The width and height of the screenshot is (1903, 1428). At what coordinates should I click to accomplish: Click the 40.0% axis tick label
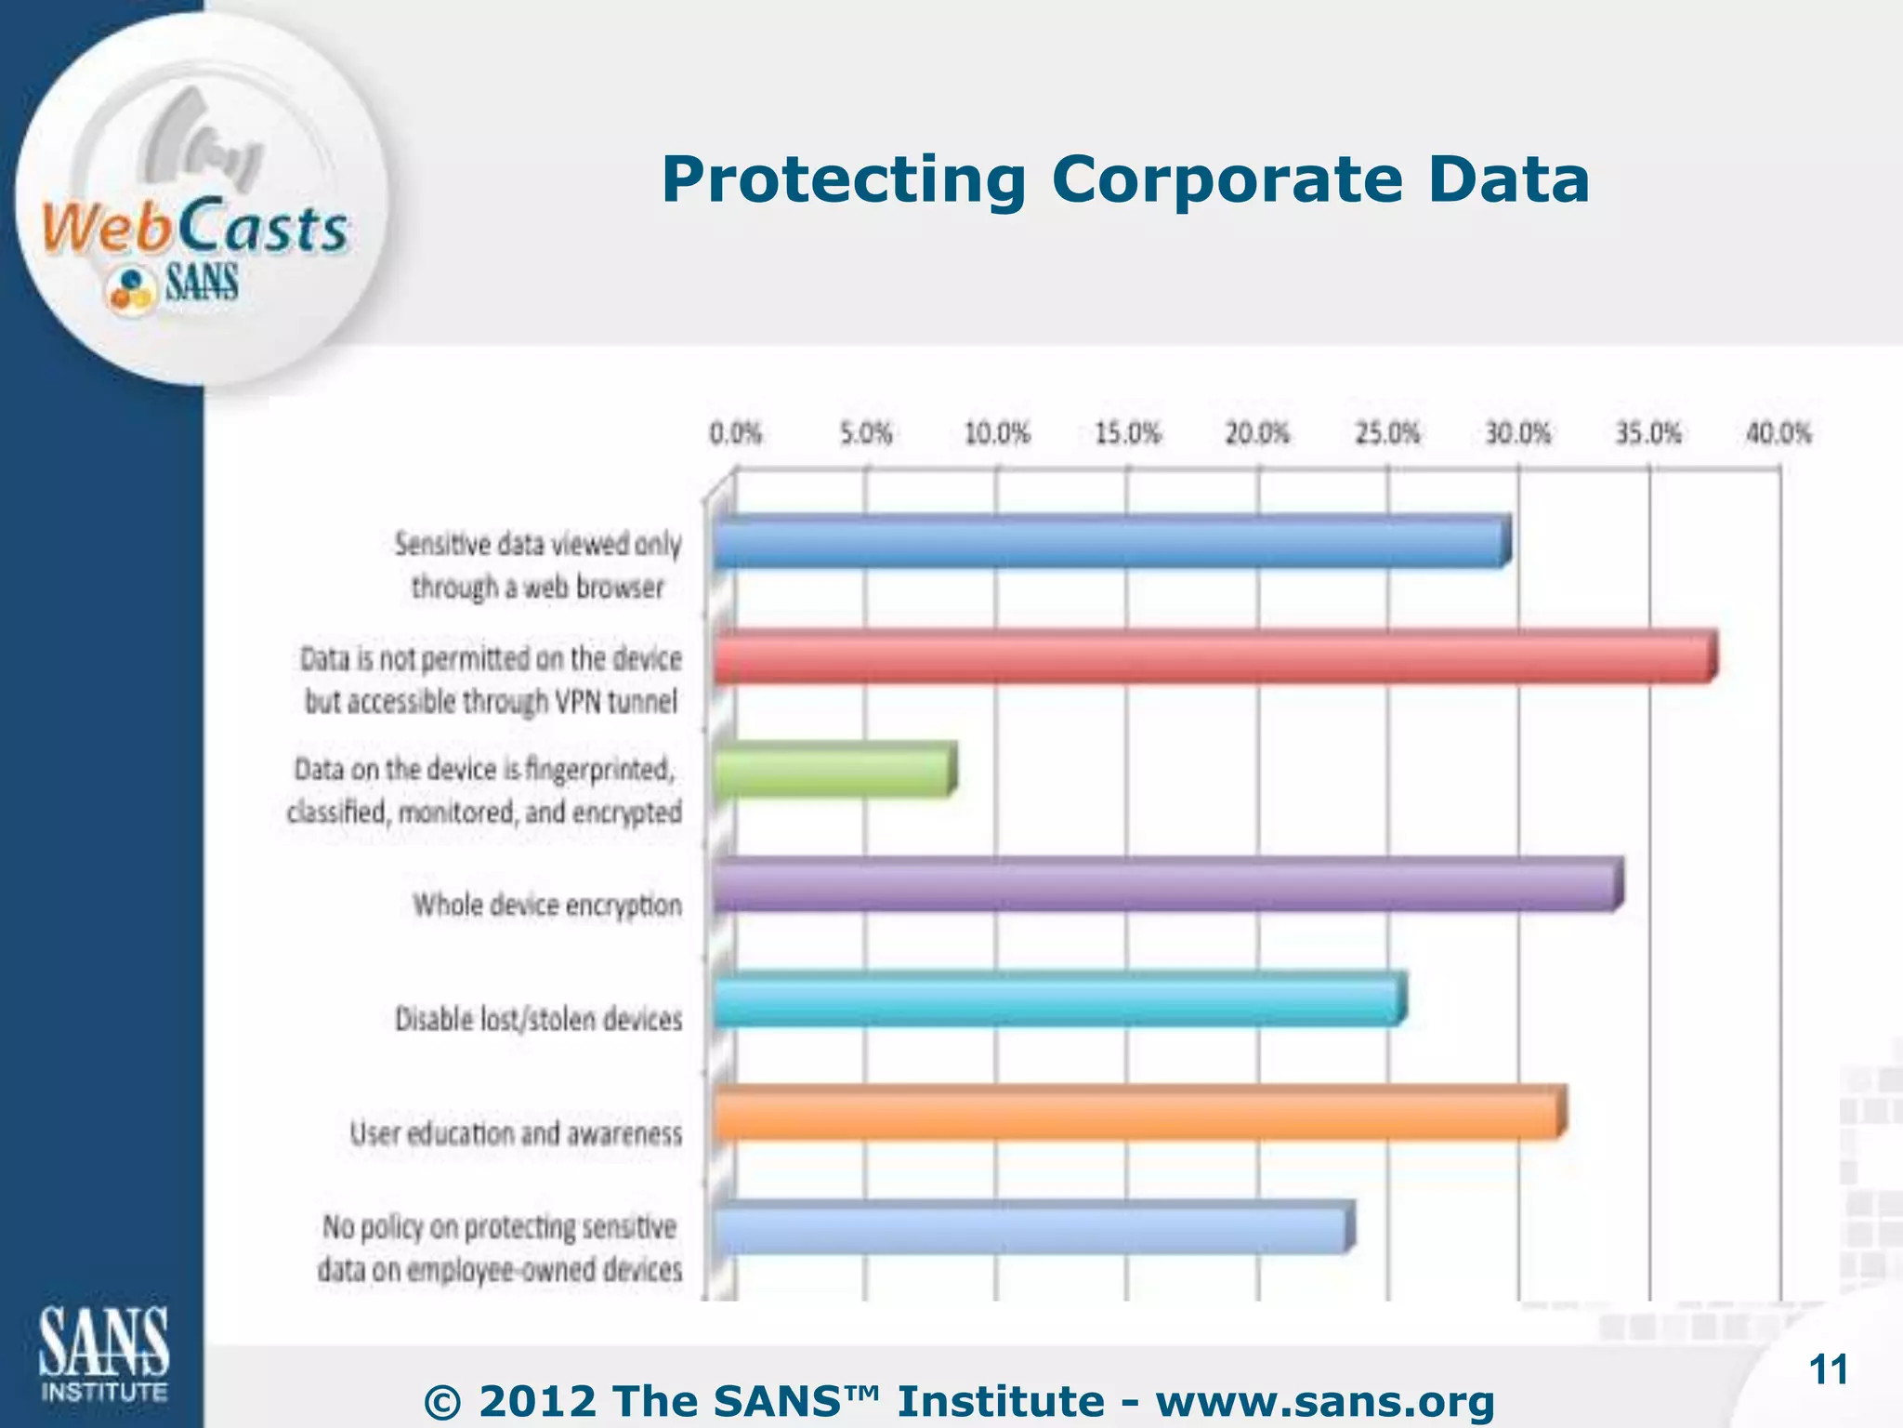[x=1778, y=434]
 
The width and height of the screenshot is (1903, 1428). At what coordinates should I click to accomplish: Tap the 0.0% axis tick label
[x=735, y=434]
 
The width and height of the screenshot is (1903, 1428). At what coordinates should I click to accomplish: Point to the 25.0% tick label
[x=1387, y=434]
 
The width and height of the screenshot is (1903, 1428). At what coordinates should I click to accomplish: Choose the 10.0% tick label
[x=996, y=434]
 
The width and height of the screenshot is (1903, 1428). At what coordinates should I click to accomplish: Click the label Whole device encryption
[x=547, y=905]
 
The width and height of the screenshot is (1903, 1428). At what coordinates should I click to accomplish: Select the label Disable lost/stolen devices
[x=538, y=1019]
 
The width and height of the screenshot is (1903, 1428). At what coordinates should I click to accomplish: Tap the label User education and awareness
[x=516, y=1133]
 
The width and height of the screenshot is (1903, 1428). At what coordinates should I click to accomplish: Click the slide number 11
[x=1829, y=1370]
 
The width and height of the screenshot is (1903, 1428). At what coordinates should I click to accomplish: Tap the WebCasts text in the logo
[x=195, y=228]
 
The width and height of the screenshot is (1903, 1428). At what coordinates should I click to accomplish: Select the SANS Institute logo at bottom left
[x=103, y=1354]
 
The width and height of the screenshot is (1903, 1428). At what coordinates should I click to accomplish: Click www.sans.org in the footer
[x=1325, y=1401]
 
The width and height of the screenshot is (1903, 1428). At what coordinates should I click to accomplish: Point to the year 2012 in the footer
[x=537, y=1401]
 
